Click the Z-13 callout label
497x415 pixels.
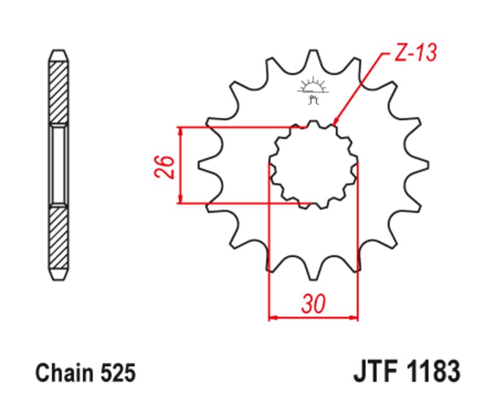click(415, 53)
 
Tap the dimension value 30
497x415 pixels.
click(313, 304)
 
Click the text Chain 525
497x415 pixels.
click(86, 374)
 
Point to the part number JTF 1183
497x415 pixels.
click(406, 373)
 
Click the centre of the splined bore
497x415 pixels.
click(313, 164)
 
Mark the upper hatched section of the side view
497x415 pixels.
click(58, 91)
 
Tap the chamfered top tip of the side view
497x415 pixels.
click(58, 55)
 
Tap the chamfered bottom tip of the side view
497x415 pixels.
click(58, 274)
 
